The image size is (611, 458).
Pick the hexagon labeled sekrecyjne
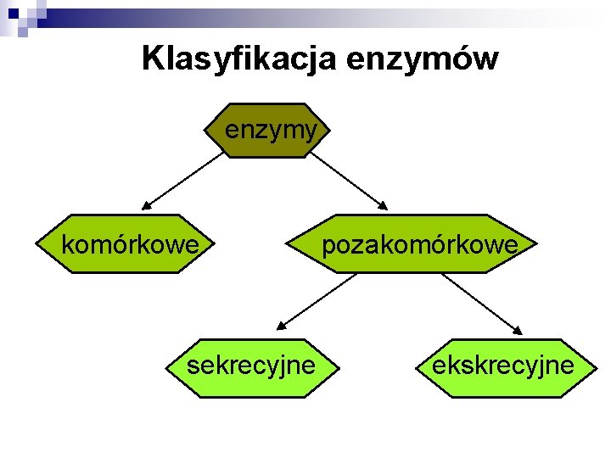pos(251,366)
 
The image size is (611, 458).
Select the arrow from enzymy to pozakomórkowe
pos(348,180)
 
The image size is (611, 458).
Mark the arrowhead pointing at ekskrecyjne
pos(519,329)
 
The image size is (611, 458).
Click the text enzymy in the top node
pos(271,130)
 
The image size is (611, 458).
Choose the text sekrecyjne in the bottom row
pos(251,366)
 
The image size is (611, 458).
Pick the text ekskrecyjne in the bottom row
pos(502,366)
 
